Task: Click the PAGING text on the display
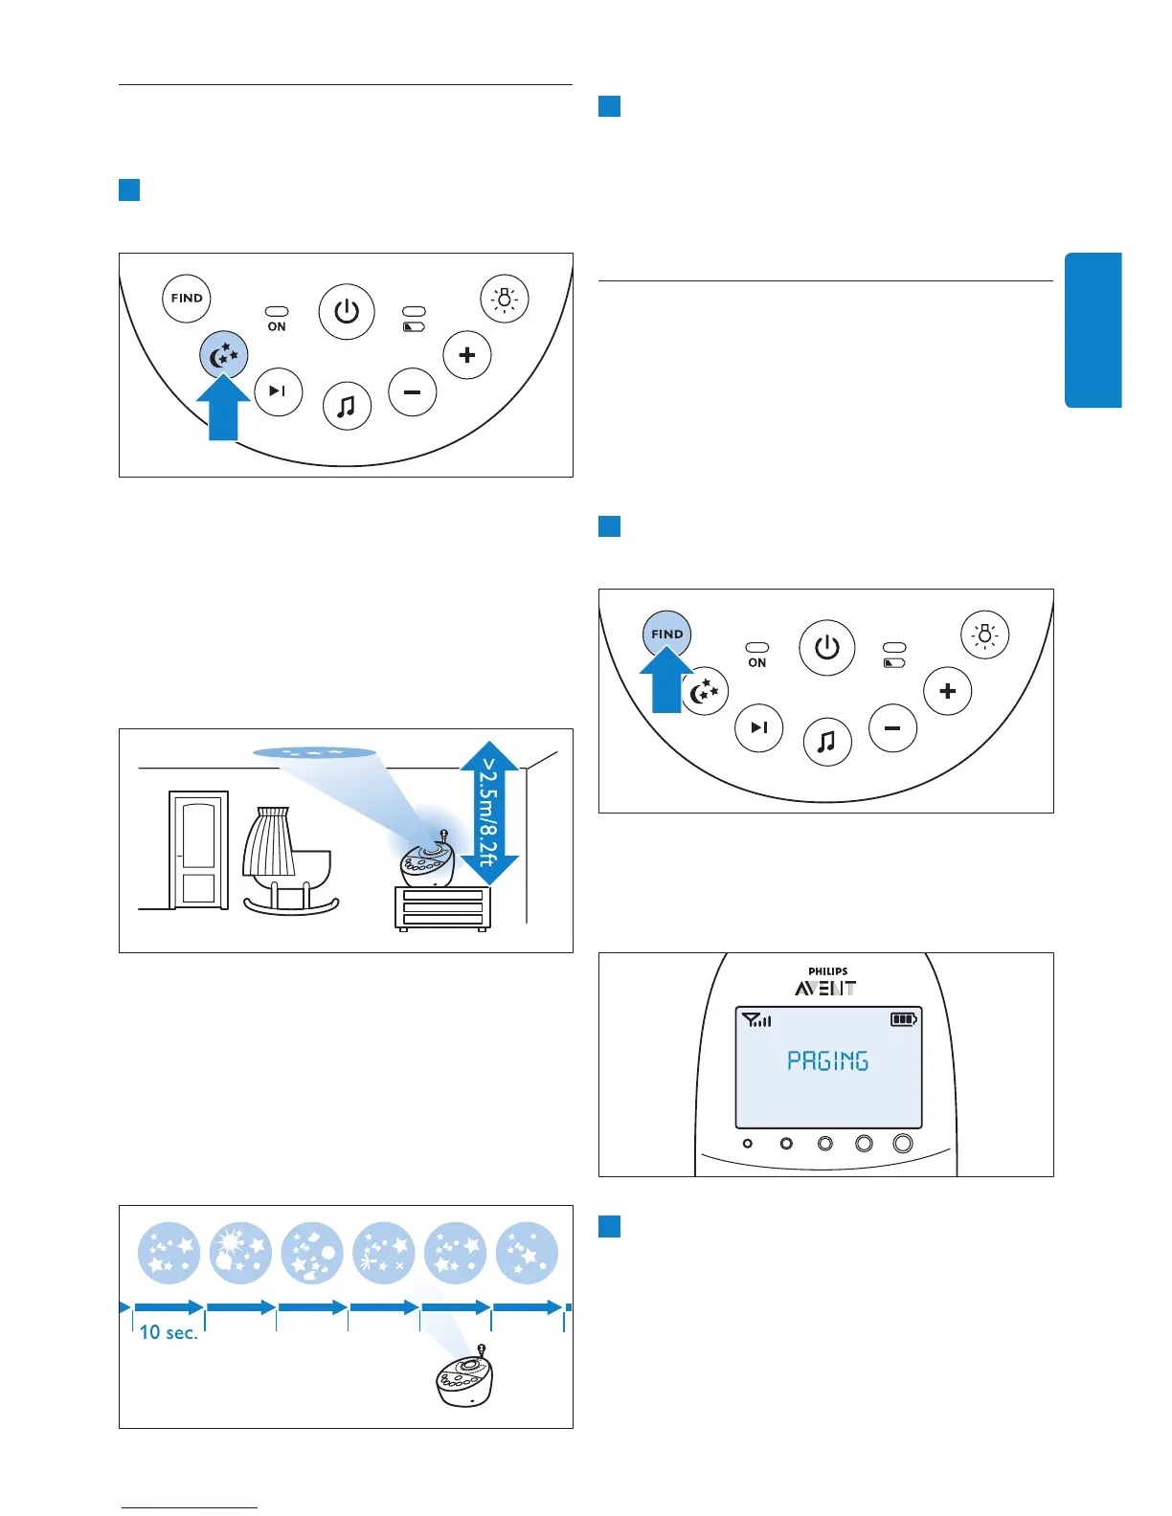click(x=827, y=1060)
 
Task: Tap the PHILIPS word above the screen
click(x=827, y=971)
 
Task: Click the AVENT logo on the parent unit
click(x=825, y=989)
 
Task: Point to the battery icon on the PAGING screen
click(x=903, y=1019)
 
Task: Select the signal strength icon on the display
click(x=756, y=1020)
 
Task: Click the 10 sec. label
click(x=169, y=1332)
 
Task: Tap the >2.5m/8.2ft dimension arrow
click(x=489, y=813)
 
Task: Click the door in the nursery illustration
click(x=198, y=850)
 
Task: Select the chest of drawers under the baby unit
click(x=442, y=907)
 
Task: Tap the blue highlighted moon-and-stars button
click(x=224, y=356)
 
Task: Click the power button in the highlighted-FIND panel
click(x=826, y=648)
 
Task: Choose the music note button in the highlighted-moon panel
click(x=347, y=406)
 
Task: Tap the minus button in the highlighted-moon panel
click(x=413, y=392)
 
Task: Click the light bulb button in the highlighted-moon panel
click(x=504, y=299)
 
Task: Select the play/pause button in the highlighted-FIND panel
click(x=758, y=727)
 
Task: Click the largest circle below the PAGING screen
click(x=902, y=1144)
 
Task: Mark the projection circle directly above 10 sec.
click(x=169, y=1253)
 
